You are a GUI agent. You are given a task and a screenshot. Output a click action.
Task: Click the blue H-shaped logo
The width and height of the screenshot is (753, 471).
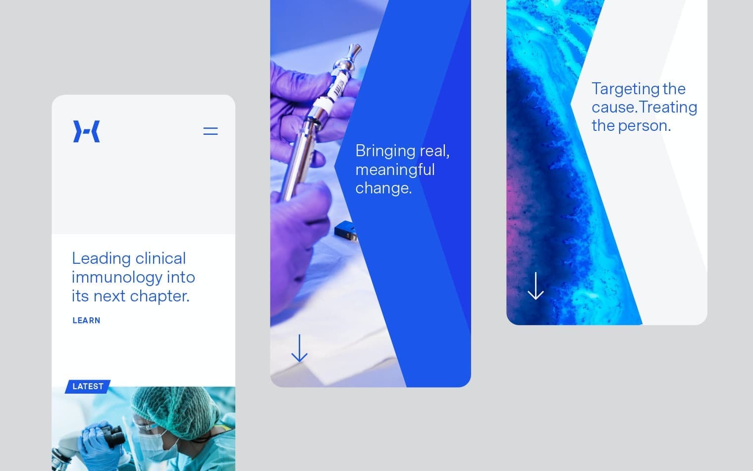87,131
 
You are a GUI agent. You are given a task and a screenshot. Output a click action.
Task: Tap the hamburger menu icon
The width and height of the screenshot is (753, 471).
211,131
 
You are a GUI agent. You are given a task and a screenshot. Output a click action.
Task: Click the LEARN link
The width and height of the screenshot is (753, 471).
87,320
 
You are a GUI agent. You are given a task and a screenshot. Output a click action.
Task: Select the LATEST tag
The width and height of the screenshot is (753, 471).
88,386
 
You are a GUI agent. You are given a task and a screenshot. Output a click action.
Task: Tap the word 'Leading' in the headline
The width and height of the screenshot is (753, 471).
101,258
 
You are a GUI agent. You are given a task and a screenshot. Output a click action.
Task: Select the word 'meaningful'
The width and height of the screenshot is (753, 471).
395,170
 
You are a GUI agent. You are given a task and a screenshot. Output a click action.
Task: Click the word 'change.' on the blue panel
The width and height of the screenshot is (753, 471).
383,188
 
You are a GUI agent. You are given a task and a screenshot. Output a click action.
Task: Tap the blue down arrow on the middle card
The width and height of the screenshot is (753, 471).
299,348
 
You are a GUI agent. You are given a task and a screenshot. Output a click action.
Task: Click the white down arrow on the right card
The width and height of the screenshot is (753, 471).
536,286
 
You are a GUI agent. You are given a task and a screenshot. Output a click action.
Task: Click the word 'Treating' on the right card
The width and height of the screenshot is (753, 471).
668,107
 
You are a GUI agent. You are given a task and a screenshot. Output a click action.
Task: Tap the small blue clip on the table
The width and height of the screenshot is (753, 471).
345,231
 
